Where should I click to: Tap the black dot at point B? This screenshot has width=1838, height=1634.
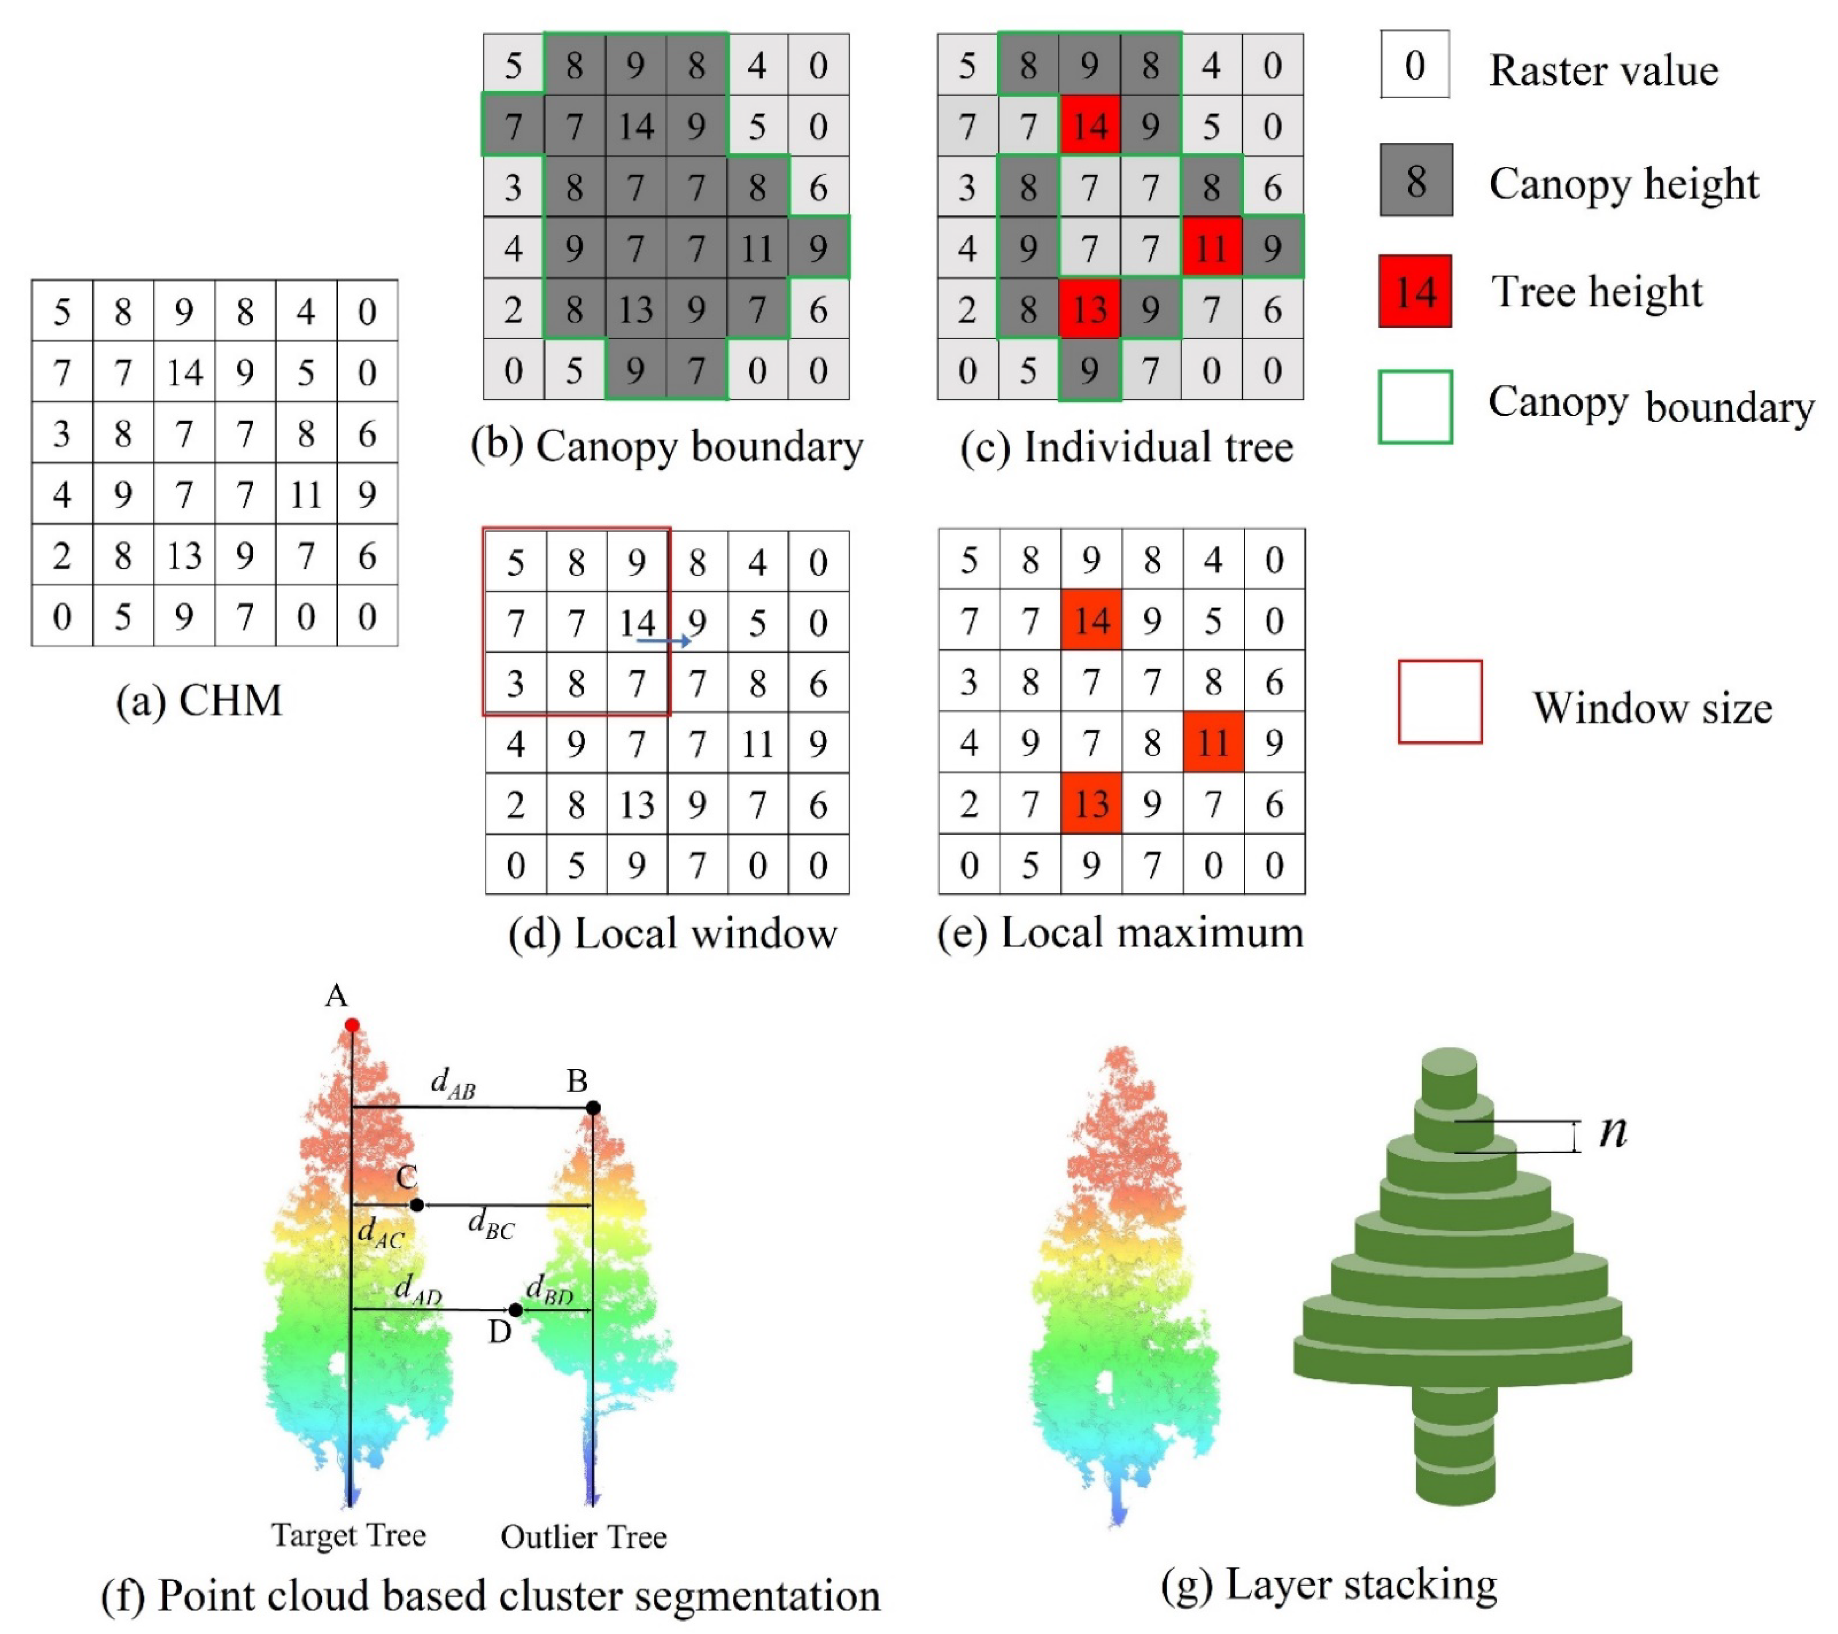coord(594,1108)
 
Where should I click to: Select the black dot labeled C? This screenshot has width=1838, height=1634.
coord(416,1204)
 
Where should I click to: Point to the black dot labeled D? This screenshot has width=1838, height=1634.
coord(515,1310)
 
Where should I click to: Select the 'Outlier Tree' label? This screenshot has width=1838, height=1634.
coord(583,1537)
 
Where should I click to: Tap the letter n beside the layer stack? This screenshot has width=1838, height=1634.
coord(1613,1131)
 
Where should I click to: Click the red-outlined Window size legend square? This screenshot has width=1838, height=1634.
coord(1439,702)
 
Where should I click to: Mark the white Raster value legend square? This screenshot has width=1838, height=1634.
coord(1415,65)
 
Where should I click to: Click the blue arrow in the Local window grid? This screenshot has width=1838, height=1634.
coord(663,640)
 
